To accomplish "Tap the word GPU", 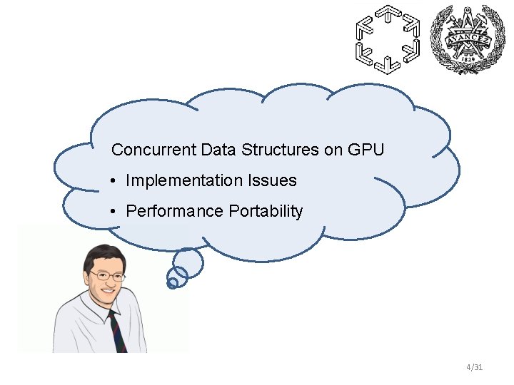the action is tap(366, 150).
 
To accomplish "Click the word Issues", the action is tap(272, 181).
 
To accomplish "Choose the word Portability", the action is tap(266, 212).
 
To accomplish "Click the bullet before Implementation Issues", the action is tap(114, 181).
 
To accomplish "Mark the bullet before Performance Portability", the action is tap(114, 212).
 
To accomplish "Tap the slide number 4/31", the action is tap(474, 367).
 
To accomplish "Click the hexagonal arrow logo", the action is tap(388, 39).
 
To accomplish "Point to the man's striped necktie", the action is tap(118, 332).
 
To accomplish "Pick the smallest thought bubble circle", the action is tap(172, 283).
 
